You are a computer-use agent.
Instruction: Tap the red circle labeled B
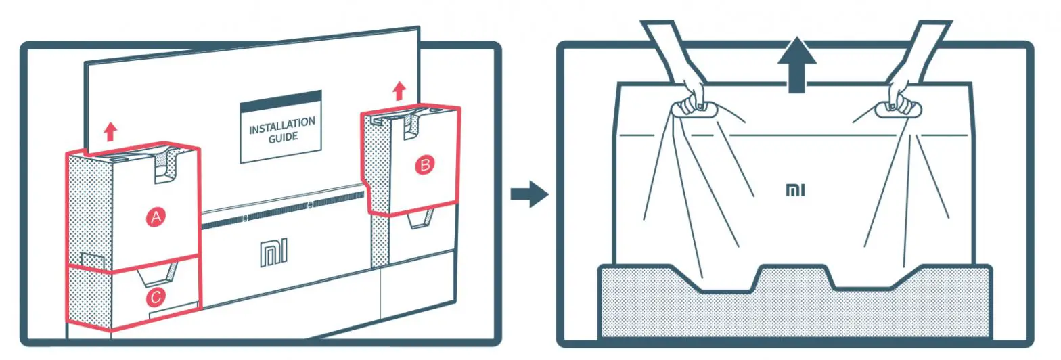click(x=425, y=164)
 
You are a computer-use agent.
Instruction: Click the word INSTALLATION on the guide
click(x=281, y=125)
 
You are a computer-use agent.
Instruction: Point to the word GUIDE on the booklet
click(x=282, y=137)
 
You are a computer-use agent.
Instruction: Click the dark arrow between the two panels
click(x=528, y=195)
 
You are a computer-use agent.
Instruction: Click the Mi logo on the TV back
click(x=273, y=253)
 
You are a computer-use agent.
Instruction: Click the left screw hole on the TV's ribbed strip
click(x=246, y=218)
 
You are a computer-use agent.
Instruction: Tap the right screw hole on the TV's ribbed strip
click(x=310, y=204)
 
